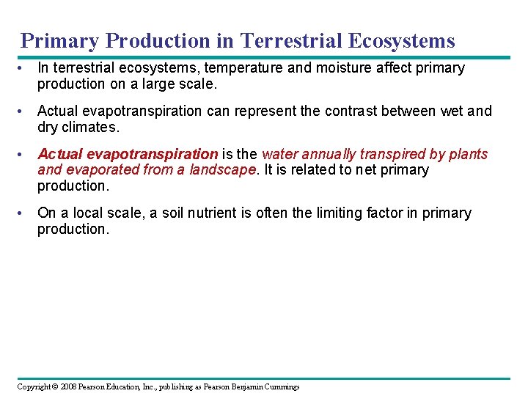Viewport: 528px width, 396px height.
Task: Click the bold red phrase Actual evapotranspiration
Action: coord(128,155)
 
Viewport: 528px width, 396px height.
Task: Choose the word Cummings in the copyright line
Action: coord(279,387)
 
